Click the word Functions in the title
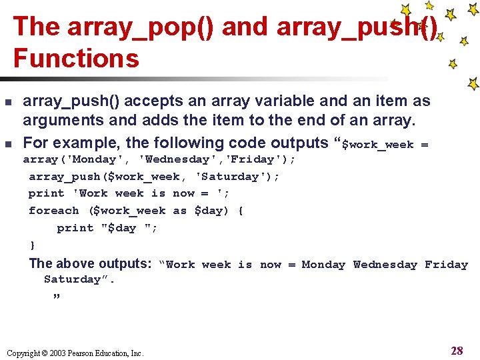click(x=76, y=58)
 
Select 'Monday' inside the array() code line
click(x=93, y=159)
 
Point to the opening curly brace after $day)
click(x=241, y=211)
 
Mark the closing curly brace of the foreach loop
click(x=32, y=245)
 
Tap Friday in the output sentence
click(x=446, y=265)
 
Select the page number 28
click(x=457, y=351)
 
